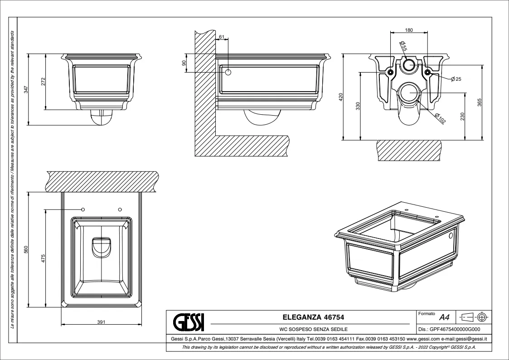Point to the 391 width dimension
tap(101, 322)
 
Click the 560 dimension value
tap(26, 250)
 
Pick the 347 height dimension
tap(26, 89)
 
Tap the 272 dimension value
tap(43, 82)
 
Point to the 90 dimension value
tap(184, 63)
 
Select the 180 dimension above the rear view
tap(408, 30)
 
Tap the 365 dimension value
tap(479, 102)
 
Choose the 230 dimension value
tap(462, 116)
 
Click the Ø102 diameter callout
tap(440, 119)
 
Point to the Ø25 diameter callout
tap(456, 79)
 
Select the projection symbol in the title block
tap(474, 316)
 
